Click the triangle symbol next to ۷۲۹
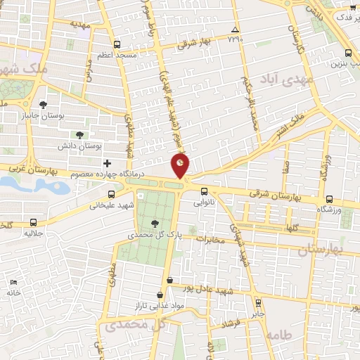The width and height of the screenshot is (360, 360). [x=235, y=30]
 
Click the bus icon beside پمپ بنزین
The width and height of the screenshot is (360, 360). [x=349, y=53]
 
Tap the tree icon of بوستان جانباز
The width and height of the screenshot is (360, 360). [x=53, y=104]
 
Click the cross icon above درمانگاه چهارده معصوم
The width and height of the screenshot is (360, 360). [x=107, y=164]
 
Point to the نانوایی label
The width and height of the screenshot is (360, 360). [x=214, y=200]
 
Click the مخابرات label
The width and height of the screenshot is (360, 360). [x=209, y=239]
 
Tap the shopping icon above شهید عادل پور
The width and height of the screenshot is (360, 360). [x=169, y=279]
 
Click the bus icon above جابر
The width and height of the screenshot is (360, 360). [x=258, y=303]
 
